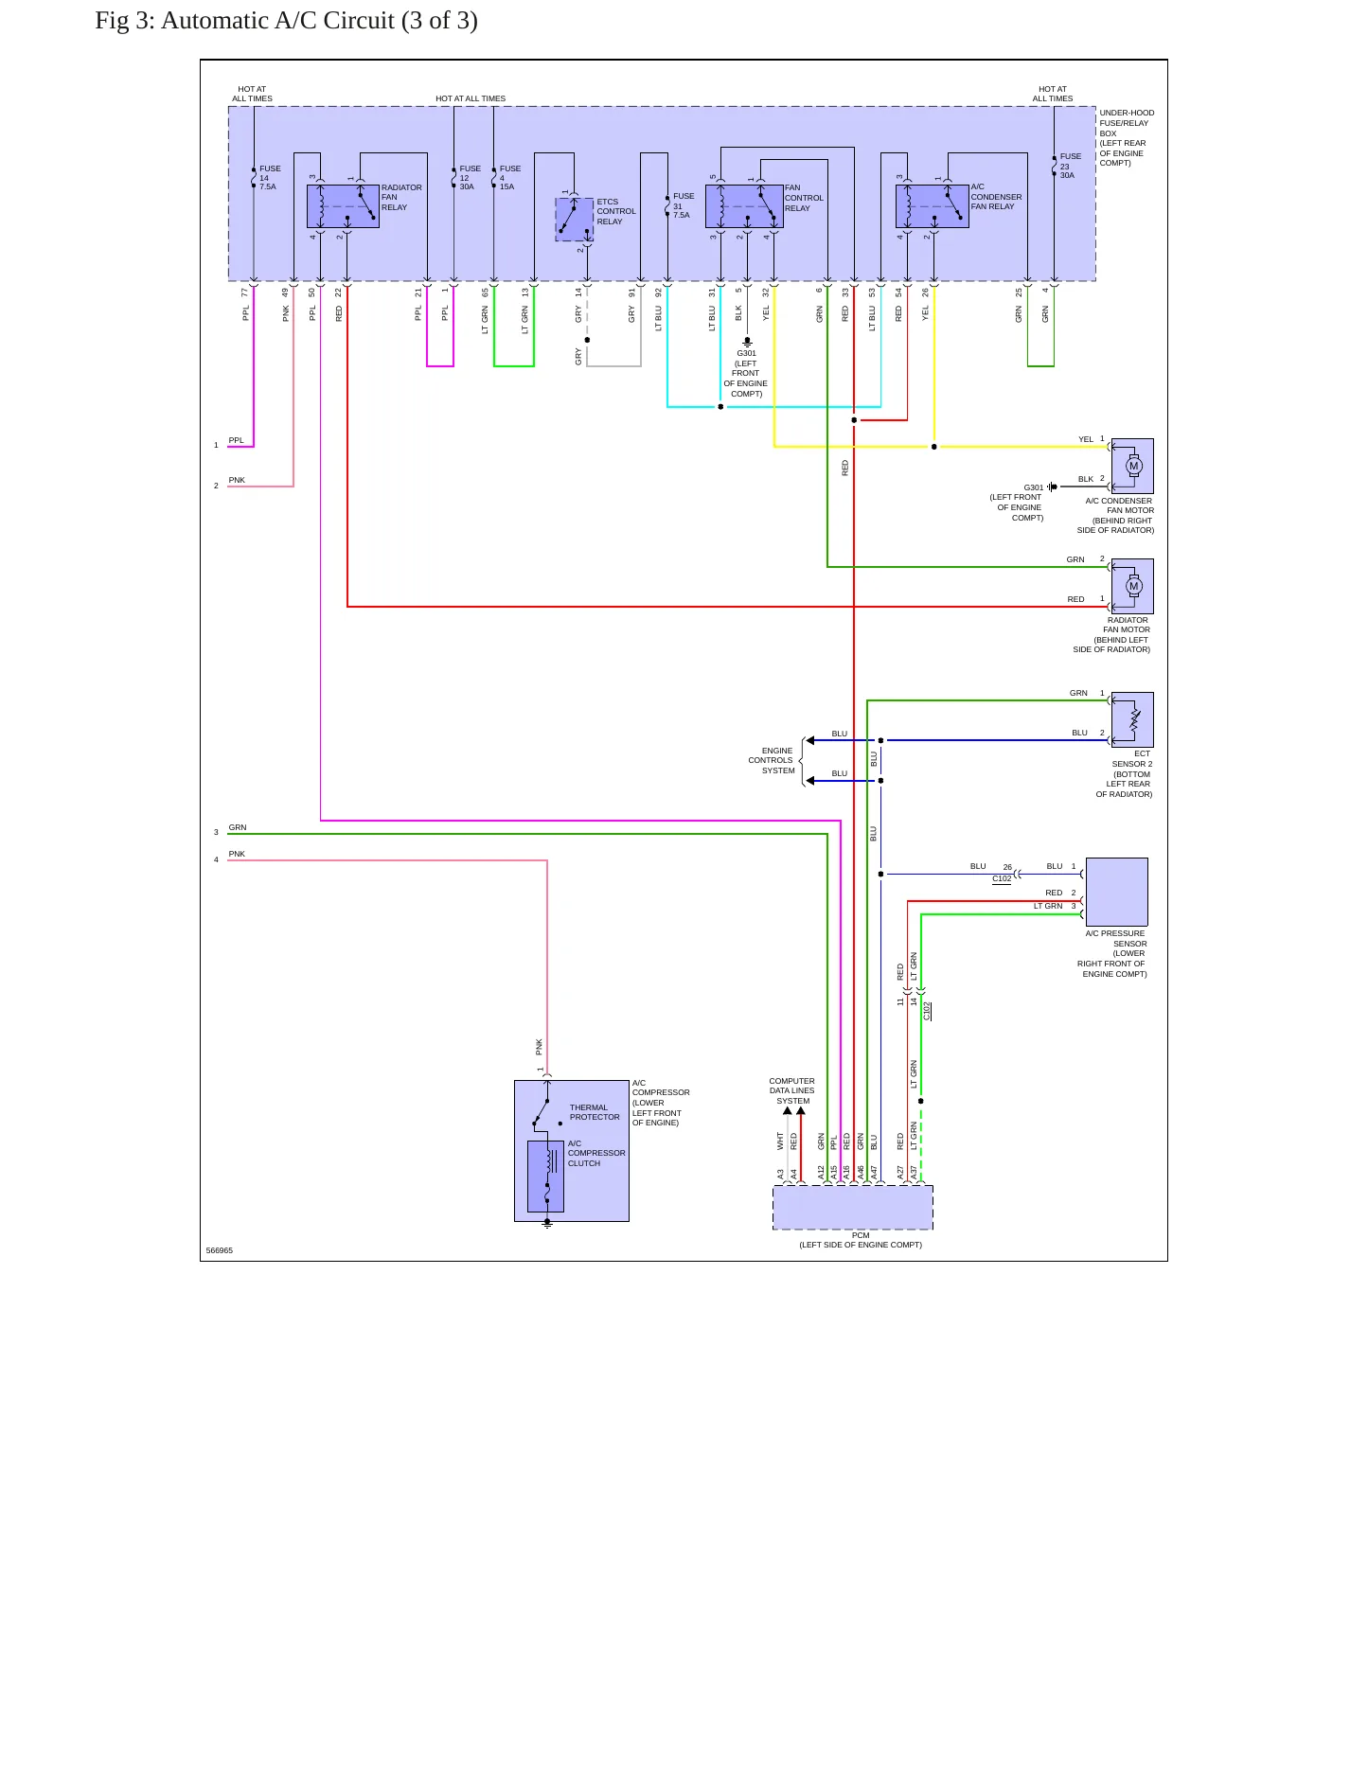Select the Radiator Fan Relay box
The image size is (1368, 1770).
343,206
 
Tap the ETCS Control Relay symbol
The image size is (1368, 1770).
575,220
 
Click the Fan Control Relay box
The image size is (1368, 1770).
744,206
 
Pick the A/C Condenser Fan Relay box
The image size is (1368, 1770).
933,206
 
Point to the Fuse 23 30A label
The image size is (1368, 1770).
1070,166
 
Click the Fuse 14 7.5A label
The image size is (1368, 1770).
270,178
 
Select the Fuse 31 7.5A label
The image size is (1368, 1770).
684,205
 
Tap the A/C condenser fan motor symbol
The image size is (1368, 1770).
1132,466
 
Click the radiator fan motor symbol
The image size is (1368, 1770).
1132,586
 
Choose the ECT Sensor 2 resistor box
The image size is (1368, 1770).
1132,719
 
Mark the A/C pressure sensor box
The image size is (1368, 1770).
1117,892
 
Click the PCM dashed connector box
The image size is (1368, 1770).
853,1208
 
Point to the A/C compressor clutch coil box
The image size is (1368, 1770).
545,1177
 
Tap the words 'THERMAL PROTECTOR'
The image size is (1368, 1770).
595,1112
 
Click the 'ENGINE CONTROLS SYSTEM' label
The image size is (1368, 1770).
772,760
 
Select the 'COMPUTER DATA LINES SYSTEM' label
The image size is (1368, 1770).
791,1090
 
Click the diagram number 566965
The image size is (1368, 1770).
219,1250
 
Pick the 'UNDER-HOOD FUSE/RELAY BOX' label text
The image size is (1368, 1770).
1127,138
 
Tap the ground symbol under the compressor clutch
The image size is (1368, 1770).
547,1224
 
